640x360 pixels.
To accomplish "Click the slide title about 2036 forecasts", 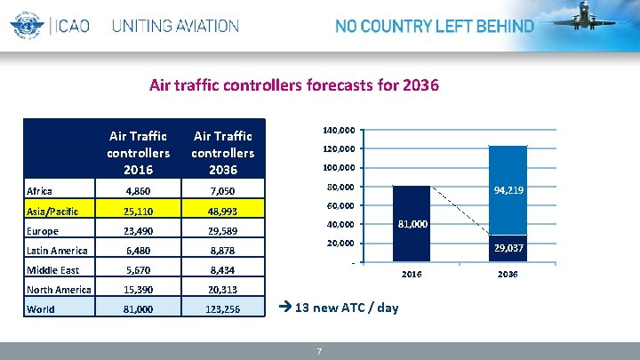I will [x=293, y=86].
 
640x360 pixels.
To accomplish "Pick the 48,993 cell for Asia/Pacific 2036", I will [x=222, y=211].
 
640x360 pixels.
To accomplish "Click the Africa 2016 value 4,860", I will [x=138, y=190].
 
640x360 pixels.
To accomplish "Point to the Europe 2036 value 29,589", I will [x=222, y=231].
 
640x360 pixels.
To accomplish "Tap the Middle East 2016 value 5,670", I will [x=138, y=270].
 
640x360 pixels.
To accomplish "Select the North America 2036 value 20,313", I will [x=222, y=290].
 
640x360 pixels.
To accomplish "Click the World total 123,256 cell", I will [x=222, y=309].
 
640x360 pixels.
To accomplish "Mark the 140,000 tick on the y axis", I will [x=338, y=130].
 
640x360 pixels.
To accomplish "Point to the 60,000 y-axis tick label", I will [x=340, y=206].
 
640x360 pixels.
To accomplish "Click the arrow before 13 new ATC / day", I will [x=285, y=308].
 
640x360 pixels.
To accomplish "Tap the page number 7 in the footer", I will [x=319, y=352].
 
